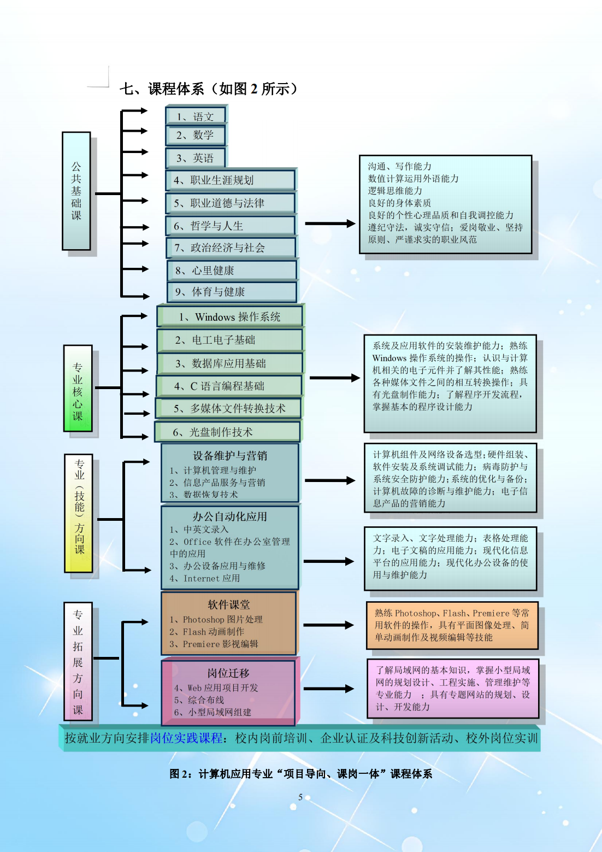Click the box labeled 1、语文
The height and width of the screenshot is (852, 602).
196,115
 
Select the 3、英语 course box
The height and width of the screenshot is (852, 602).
196,157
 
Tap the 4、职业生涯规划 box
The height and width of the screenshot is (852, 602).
231,180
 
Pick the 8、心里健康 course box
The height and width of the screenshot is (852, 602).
232,271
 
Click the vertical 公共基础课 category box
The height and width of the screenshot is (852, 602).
76,191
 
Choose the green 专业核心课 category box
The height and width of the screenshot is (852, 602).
78,389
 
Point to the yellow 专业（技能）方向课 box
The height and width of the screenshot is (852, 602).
79,513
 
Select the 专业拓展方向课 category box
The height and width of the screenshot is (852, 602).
78,661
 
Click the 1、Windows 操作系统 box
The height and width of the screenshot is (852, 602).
231,316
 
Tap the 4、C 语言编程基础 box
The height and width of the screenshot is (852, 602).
229,386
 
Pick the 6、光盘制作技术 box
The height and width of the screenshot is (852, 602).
227,432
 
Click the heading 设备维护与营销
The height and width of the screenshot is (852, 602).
229,455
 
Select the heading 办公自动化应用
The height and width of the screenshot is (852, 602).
229,516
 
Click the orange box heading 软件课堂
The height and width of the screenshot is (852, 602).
228,604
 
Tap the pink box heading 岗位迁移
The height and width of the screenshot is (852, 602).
228,673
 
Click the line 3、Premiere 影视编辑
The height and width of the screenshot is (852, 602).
214,644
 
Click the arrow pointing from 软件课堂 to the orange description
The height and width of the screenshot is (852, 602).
328,625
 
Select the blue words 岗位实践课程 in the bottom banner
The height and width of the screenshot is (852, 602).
186,738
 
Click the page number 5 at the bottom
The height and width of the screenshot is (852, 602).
300,797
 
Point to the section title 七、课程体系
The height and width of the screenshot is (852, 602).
162,89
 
